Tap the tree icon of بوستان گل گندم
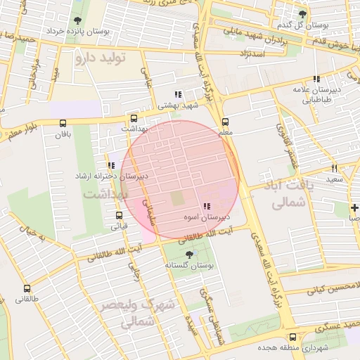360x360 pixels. point(302,14)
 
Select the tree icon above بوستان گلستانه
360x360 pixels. point(188,255)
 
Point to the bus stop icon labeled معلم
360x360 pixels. point(225,120)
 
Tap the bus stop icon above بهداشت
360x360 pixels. point(134,118)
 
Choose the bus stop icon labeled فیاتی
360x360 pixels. point(119,216)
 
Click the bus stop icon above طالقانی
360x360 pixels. point(27,288)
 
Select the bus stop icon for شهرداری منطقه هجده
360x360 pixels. point(292,337)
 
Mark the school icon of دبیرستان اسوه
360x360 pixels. point(206,207)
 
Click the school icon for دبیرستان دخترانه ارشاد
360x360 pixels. point(111,165)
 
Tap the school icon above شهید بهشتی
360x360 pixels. point(178,94)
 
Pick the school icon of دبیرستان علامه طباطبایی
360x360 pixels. point(316,79)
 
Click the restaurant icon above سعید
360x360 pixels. point(334,168)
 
